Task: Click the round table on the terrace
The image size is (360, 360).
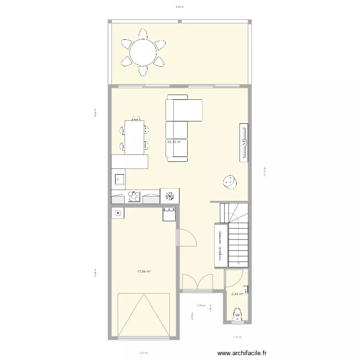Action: point(143,52)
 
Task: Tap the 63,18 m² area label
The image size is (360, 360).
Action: point(174,142)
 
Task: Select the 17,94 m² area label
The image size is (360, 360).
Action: point(144,272)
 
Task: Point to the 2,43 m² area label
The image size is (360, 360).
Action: point(237,295)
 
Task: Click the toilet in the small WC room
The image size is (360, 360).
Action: point(237,315)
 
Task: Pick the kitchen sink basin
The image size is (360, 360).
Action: point(119,180)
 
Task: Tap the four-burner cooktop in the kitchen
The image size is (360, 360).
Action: point(134,196)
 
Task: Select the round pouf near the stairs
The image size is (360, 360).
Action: point(229,182)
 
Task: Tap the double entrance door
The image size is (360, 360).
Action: point(197,283)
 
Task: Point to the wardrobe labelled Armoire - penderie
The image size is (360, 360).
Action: point(221,245)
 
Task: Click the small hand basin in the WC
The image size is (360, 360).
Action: point(246,289)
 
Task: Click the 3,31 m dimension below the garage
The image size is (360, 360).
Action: point(143,353)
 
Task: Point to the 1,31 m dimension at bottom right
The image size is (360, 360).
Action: point(237,336)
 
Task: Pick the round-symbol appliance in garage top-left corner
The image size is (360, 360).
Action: point(118,212)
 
